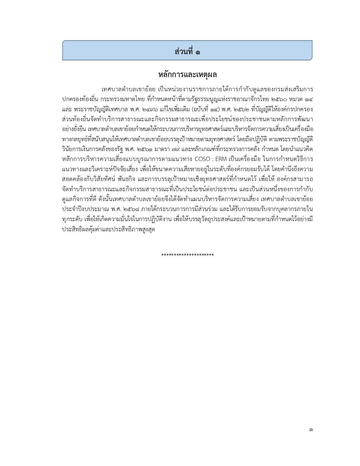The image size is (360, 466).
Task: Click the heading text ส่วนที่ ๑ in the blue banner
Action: click(x=187, y=52)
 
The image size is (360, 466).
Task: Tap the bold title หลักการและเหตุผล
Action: click(x=187, y=75)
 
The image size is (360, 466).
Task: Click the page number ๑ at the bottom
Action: click(x=311, y=430)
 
